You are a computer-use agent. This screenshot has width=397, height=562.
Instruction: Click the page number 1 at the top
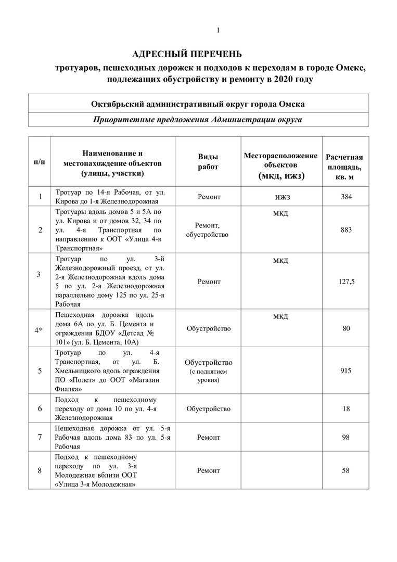(218, 31)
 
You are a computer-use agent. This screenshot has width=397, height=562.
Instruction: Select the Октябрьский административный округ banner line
(198, 104)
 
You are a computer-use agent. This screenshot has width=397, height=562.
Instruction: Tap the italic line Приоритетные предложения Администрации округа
(198, 120)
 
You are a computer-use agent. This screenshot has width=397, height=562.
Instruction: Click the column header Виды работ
(208, 162)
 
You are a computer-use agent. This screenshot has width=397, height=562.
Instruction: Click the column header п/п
(40, 162)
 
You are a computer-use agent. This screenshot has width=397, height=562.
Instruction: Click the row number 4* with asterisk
(40, 329)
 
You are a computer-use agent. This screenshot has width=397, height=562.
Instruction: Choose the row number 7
(40, 438)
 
